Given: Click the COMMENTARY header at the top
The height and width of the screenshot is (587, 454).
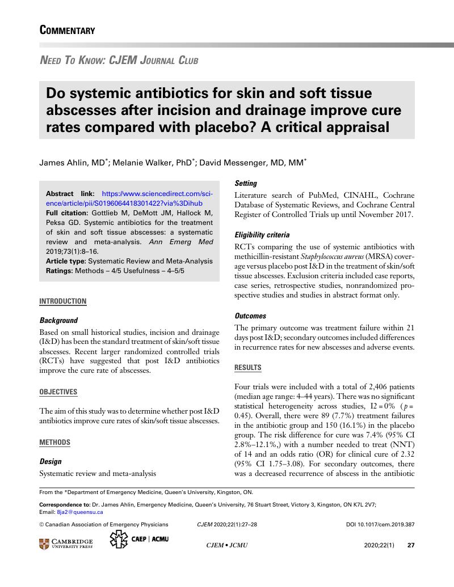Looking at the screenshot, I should coord(67,30).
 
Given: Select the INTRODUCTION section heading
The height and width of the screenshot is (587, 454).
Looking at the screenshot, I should coord(62,301).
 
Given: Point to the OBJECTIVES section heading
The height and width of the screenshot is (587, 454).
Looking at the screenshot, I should coord(58,392).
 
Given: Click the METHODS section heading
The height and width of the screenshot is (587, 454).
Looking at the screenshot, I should coord(54,442).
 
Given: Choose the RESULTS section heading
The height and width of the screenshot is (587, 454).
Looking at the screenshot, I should coord(248,368).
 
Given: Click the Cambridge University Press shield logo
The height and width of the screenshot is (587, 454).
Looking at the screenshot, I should coord(45,545).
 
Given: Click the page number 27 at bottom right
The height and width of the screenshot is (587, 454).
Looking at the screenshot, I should coord(411,545).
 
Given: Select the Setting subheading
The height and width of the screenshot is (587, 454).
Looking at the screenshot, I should coord(246,184).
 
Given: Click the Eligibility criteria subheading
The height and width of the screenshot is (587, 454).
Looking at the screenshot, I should coord(262,235).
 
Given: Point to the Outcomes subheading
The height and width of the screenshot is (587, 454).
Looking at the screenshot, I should coord(250,316).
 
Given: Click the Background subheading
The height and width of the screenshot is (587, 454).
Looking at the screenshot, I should coord(58,320).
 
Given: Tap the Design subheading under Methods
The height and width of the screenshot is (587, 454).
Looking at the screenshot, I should coord(51,461).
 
